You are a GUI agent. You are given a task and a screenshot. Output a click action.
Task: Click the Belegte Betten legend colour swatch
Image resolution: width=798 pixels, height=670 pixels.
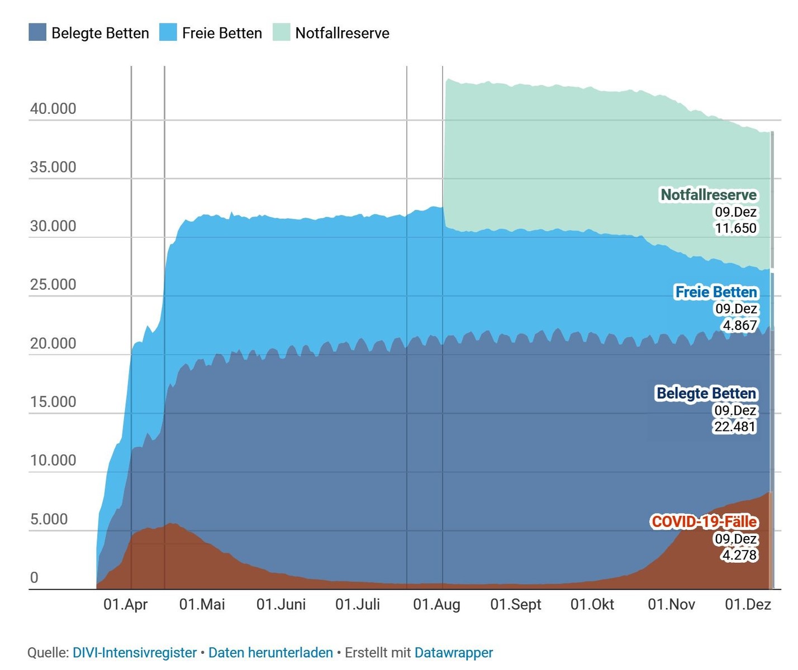coord(37,32)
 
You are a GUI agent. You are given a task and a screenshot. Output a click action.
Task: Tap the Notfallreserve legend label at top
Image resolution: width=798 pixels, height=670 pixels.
coord(342,33)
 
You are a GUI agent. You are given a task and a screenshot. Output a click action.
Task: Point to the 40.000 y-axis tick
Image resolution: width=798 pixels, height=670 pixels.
coord(53,109)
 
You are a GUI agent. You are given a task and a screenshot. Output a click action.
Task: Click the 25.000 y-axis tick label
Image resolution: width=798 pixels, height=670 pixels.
coord(53,285)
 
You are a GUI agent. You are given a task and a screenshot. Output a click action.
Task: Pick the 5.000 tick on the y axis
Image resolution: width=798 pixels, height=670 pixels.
coord(49,519)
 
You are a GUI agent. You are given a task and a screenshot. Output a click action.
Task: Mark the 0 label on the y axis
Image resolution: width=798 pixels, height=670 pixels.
coord(34,578)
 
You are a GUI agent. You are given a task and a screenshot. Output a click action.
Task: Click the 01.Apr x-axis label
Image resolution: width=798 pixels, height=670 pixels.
coord(126,605)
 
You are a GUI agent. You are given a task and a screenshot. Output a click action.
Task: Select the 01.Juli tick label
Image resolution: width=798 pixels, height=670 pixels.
coord(358,605)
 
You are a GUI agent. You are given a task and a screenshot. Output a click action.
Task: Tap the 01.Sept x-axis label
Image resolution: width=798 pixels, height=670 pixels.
coord(516,605)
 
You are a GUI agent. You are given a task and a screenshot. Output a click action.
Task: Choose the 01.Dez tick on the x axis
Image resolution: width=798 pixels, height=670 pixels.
coord(748,605)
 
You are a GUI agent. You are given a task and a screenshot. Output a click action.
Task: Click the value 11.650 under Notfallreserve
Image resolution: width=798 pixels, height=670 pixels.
coord(735,228)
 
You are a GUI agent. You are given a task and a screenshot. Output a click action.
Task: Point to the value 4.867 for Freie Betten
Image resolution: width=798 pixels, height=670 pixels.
coord(740,326)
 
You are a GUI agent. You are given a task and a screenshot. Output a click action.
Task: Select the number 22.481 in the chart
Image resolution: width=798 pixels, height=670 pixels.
coord(734,427)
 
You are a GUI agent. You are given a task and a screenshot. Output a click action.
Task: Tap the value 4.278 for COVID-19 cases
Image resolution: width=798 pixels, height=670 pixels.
coord(739,556)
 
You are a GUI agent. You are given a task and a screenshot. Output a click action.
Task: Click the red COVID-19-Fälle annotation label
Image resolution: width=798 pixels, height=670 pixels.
coord(704,522)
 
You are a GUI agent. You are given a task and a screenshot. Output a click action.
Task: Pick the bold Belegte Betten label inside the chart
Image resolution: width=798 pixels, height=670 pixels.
coord(706,394)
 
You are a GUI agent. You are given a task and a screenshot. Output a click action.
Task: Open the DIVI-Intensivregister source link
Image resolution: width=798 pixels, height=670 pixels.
coord(135,653)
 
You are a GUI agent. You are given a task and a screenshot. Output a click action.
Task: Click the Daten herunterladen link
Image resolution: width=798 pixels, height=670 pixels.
coord(270,653)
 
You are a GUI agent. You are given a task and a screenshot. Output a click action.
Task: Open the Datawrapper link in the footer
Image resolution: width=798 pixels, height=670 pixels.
coord(454,653)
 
